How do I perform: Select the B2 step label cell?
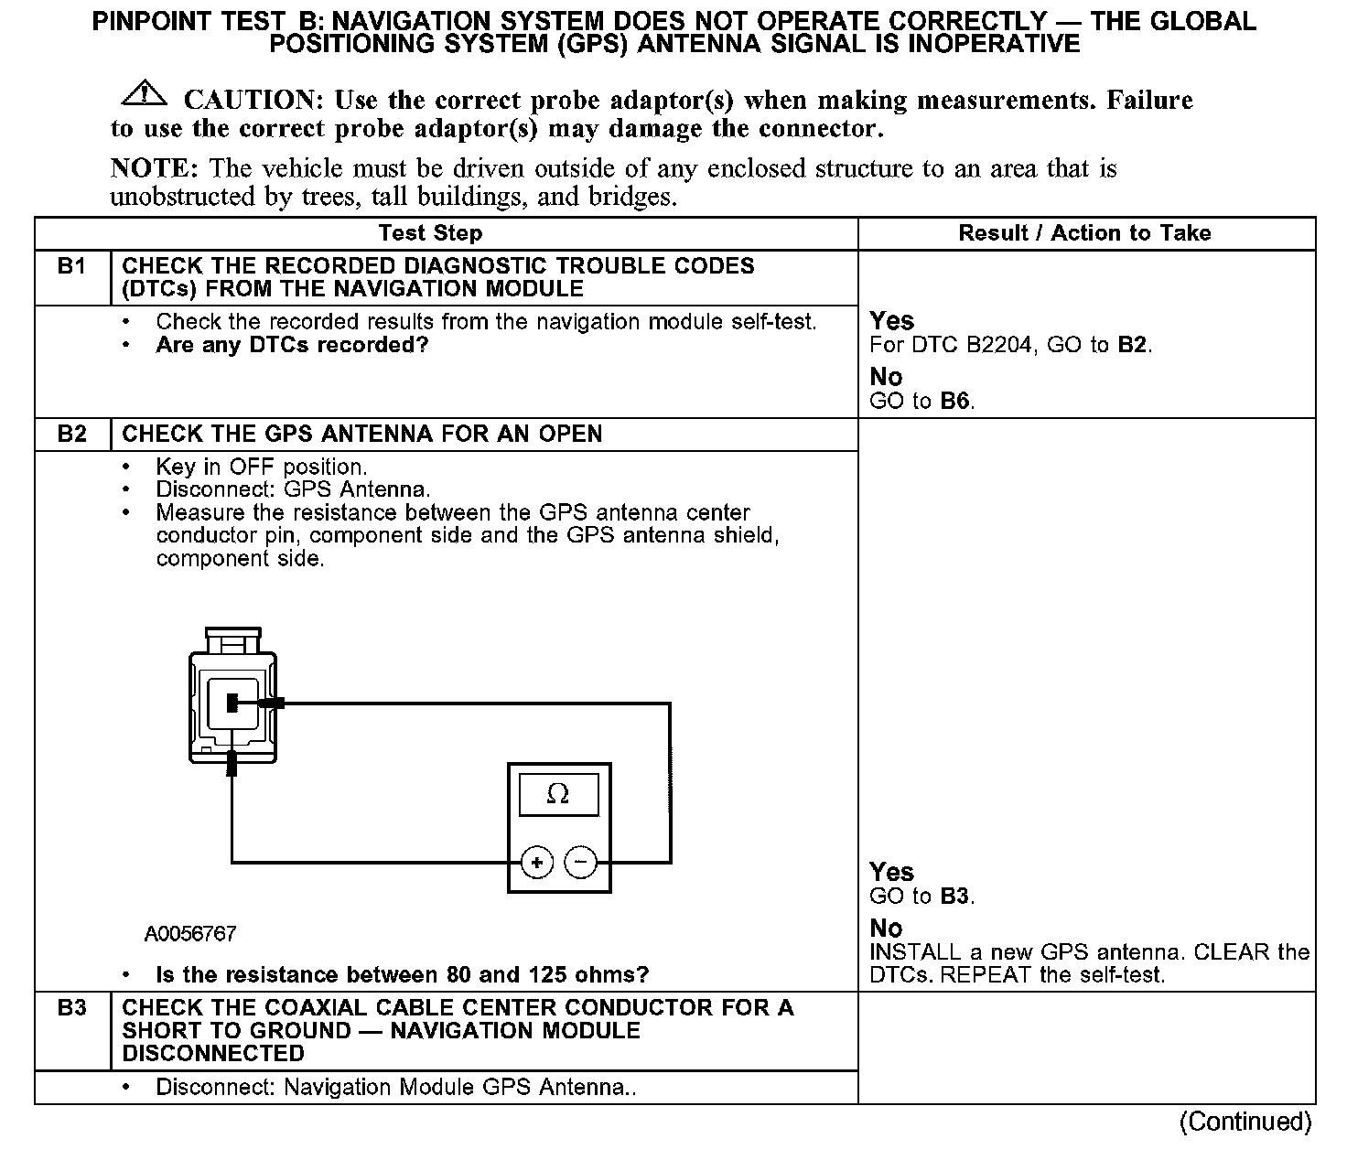[71, 434]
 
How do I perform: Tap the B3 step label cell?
[71, 1008]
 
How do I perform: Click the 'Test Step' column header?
[430, 233]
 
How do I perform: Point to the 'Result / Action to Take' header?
[1084, 233]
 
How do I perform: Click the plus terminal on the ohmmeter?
[537, 862]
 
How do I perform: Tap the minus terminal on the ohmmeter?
[580, 862]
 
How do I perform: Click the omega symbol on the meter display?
[557, 795]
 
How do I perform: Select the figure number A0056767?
[190, 934]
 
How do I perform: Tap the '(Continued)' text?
[1245, 1122]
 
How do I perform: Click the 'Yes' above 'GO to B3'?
[891, 872]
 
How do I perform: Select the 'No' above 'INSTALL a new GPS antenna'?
[886, 928]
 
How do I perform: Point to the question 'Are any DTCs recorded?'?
[292, 346]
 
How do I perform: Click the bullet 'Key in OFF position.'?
[261, 467]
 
